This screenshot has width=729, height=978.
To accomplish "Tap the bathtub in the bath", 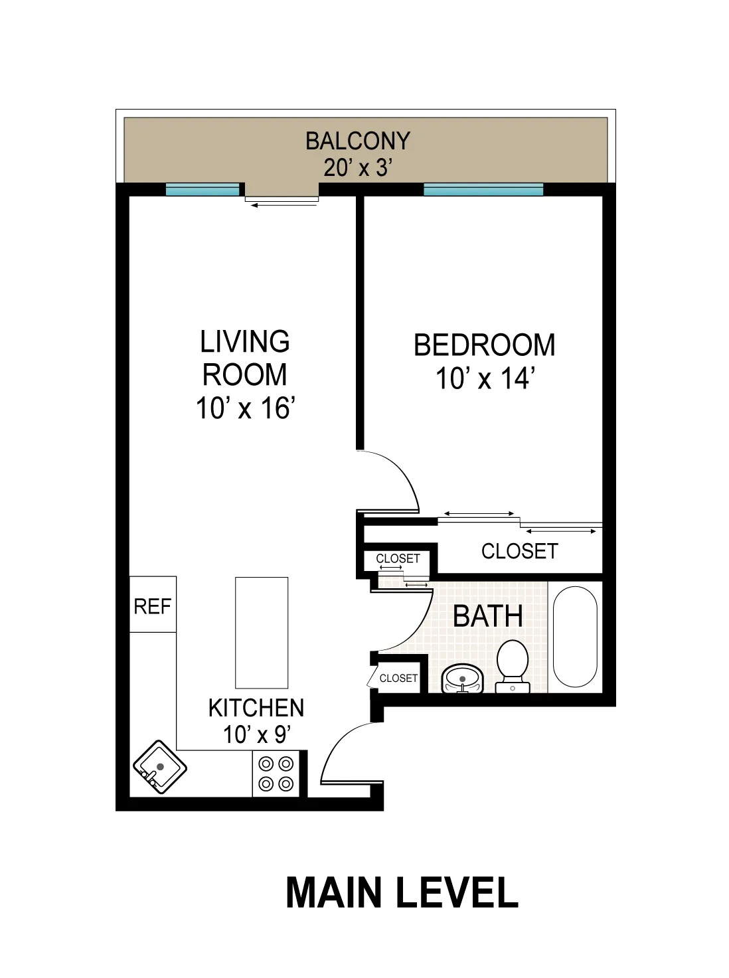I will [x=575, y=636].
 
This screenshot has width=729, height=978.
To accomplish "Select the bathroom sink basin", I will [x=463, y=679].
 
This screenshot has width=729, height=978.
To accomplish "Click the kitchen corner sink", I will [x=159, y=767].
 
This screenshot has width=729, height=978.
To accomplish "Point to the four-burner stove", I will [x=276, y=774].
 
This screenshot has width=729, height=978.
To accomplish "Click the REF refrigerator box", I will [x=153, y=605].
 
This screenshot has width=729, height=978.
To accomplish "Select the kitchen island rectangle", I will [x=262, y=632].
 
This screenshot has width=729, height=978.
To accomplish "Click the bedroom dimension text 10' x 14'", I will [x=485, y=379].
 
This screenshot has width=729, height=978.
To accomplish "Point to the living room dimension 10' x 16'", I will [x=245, y=408].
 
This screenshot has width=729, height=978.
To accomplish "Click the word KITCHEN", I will [x=256, y=708].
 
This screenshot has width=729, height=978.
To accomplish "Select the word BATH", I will [x=488, y=616].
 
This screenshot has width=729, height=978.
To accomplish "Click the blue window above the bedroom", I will [x=483, y=190].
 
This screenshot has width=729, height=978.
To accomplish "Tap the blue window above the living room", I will [x=202, y=190].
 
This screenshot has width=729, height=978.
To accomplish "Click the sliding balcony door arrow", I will [x=284, y=205].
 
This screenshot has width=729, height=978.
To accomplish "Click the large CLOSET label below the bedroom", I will [x=519, y=551].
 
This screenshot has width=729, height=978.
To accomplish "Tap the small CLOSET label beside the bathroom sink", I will [x=398, y=678].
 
